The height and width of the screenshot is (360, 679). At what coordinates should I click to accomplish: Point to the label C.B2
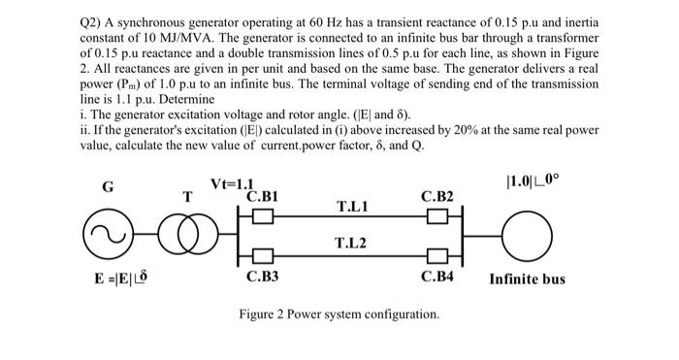(x=436, y=197)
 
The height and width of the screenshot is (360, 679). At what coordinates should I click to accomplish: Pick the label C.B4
(x=436, y=277)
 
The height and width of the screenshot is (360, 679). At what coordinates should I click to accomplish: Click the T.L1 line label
(x=350, y=207)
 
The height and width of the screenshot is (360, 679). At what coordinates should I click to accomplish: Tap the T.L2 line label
(x=350, y=243)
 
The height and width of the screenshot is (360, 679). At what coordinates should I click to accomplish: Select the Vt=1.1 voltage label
(x=232, y=184)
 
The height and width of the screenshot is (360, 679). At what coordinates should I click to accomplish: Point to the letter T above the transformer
(x=188, y=196)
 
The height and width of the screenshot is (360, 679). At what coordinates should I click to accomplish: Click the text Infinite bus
(x=527, y=279)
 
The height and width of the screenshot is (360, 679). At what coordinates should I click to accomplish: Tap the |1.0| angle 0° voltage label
(x=528, y=181)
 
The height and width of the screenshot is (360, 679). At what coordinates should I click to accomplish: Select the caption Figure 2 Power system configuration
(x=339, y=314)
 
